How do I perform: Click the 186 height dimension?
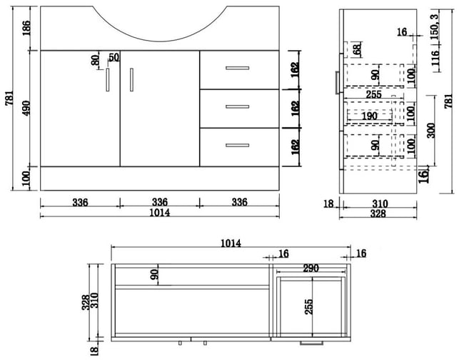(x=26, y=28)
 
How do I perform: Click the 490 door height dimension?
(x=26, y=108)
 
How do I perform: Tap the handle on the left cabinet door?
(x=108, y=80)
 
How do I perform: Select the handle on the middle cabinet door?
(x=132, y=80)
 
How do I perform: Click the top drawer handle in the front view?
(x=238, y=68)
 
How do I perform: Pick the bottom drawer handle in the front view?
(x=238, y=145)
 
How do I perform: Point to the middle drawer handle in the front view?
(x=238, y=106)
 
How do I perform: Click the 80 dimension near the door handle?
(x=95, y=60)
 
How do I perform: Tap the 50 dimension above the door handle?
(x=114, y=57)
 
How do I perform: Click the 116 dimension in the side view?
(x=435, y=58)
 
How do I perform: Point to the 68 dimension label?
(x=357, y=50)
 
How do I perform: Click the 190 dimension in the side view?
(x=370, y=116)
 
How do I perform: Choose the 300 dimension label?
(x=431, y=130)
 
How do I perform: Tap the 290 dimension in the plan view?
(x=311, y=268)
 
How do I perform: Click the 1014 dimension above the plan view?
(x=231, y=243)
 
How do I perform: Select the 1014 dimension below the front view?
(x=160, y=212)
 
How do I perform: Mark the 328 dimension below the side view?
(x=378, y=214)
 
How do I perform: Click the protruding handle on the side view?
(x=338, y=83)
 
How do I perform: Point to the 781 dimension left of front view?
(x=9, y=98)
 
